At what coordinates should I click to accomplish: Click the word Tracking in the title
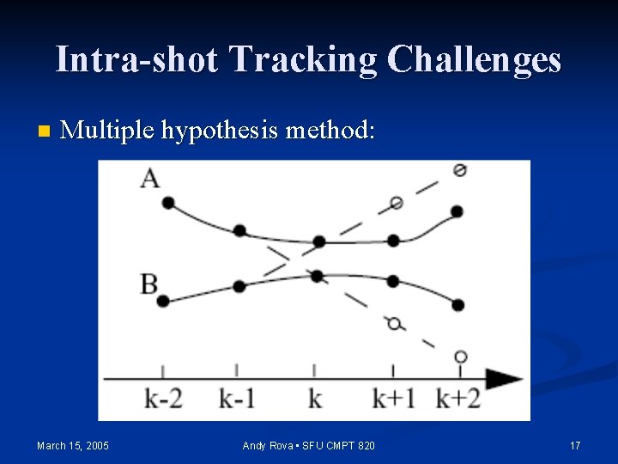click(304, 60)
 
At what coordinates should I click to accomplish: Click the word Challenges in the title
click(474, 60)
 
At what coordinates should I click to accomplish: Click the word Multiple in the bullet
click(108, 131)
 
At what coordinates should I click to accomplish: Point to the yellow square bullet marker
click(44, 131)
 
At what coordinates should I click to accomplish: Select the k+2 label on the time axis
click(458, 399)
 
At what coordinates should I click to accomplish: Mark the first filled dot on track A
click(167, 203)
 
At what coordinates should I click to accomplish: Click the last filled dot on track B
click(457, 305)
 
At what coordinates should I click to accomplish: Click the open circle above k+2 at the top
click(460, 170)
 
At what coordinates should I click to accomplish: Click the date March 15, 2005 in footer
click(73, 445)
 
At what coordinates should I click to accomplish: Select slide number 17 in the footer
click(575, 445)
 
